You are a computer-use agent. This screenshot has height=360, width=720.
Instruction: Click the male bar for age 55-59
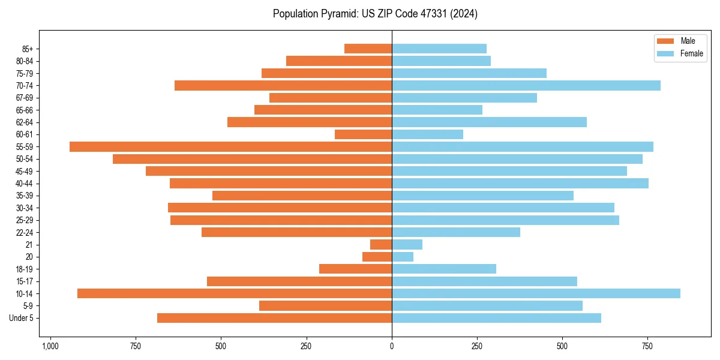[230, 146]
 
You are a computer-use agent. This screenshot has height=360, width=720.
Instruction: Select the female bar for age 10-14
[536, 293]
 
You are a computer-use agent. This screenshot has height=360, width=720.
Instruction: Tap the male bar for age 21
[381, 244]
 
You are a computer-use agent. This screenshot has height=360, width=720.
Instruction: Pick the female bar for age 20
[403, 257]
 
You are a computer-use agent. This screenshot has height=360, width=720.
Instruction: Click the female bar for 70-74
[526, 85]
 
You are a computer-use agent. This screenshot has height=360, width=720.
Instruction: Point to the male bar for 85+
[368, 49]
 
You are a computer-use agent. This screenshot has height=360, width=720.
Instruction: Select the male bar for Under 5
[274, 318]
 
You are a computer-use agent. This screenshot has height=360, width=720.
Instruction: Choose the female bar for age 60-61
[427, 134]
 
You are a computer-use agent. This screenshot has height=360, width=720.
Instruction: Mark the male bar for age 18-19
[355, 269]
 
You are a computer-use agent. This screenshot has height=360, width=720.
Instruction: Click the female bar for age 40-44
[520, 183]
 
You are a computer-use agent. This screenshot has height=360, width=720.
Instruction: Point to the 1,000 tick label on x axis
[50, 347]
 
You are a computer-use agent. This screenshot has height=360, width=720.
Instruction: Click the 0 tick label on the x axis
[392, 347]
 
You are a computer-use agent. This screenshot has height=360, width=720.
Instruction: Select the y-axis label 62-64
[24, 122]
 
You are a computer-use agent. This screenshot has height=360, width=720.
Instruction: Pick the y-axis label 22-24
[24, 232]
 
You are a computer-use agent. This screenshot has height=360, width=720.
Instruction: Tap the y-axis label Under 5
[22, 318]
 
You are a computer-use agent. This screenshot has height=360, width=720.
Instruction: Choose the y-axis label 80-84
[24, 61]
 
